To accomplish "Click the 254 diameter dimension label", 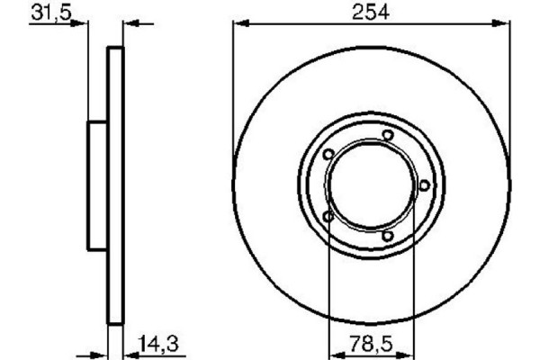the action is point(371,12).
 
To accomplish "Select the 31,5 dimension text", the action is point(51,13).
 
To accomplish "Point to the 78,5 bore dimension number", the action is point(371,344).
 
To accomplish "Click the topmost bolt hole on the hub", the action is point(388,135).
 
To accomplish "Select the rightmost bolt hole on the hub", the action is point(424,185).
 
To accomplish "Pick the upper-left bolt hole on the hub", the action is point(328,154).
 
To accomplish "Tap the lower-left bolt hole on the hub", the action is point(328,216).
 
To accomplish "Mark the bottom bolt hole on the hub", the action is point(387,236).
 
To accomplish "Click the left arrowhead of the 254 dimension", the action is point(241,23).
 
